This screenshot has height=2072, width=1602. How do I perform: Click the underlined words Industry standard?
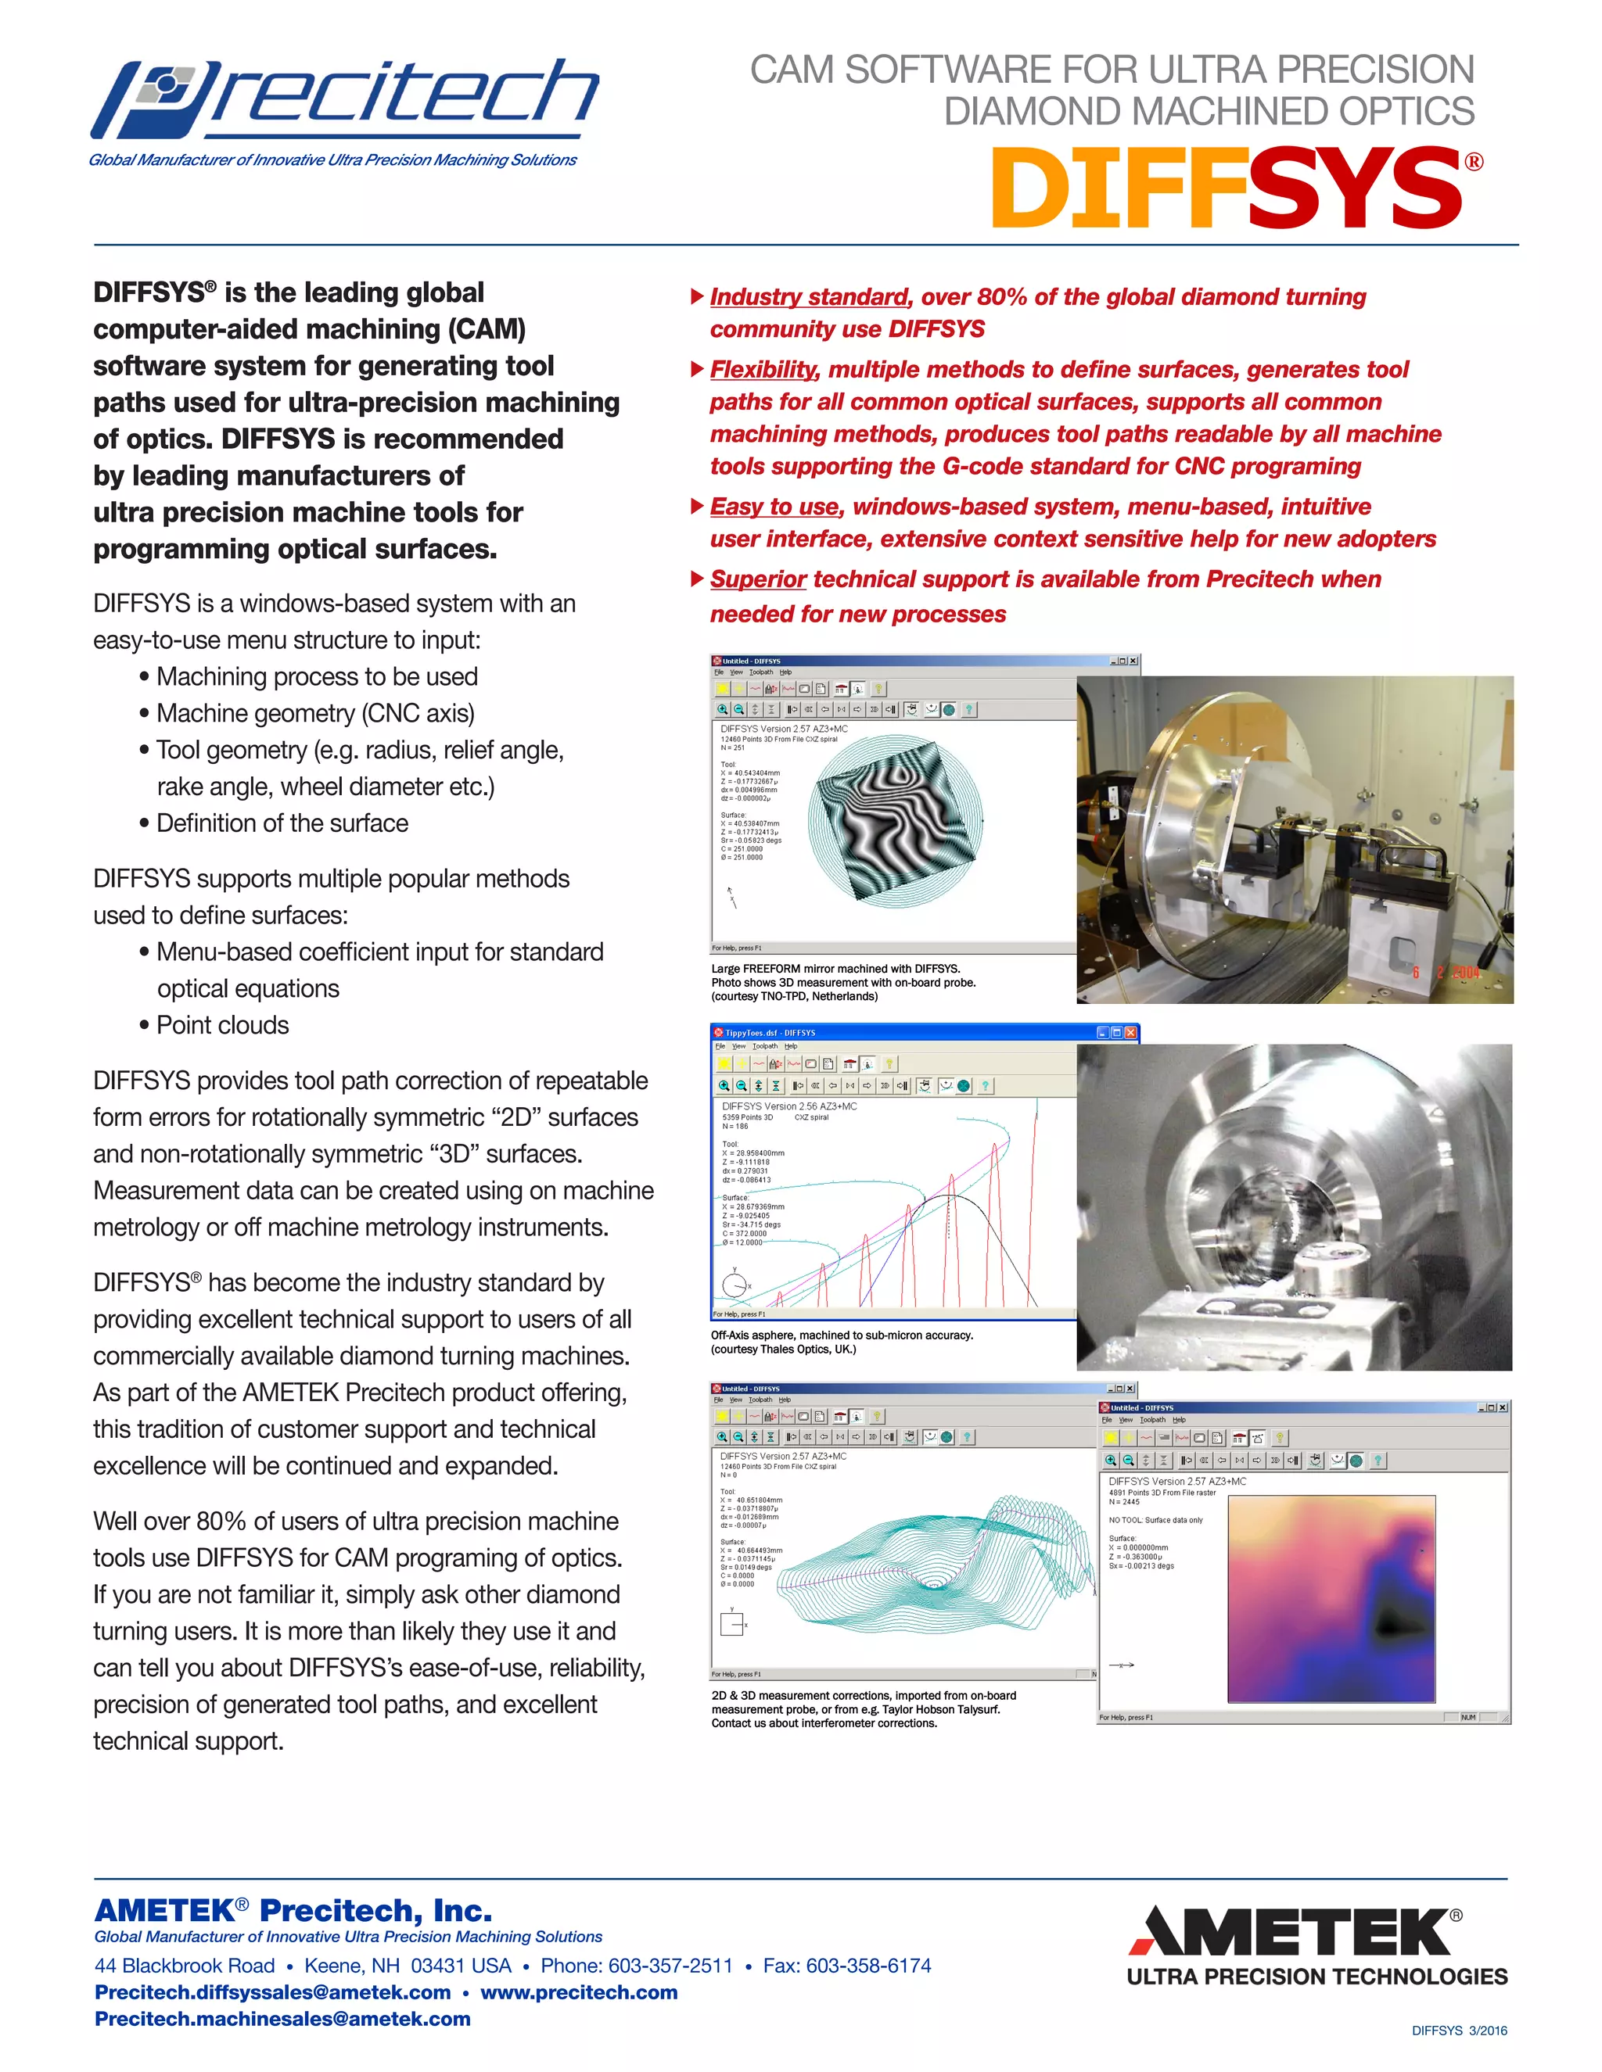(810, 297)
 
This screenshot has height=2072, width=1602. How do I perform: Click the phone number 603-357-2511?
(670, 1966)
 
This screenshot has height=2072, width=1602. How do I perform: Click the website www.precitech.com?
(579, 1992)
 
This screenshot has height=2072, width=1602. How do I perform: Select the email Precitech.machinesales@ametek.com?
(283, 2019)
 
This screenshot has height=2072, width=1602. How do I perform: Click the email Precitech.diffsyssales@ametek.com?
(272, 1992)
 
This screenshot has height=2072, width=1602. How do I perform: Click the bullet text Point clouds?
(222, 1026)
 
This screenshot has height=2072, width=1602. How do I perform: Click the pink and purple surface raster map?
(1331, 1599)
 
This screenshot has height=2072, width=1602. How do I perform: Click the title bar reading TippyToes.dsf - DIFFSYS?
(770, 1032)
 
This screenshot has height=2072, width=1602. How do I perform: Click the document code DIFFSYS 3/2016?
(1459, 2031)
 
